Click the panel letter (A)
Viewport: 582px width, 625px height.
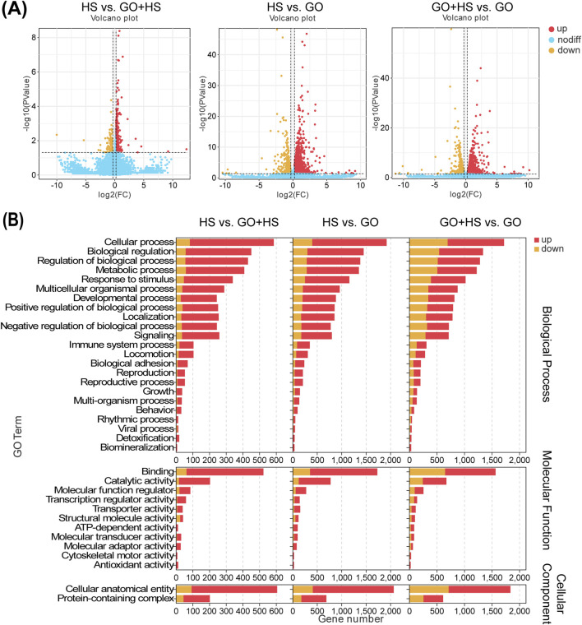(14, 9)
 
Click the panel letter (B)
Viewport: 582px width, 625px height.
(13, 220)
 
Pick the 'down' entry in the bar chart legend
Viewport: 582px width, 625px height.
(548, 248)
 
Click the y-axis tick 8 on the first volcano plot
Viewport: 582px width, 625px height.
(35, 37)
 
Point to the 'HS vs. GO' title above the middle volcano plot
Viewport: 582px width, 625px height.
(295, 7)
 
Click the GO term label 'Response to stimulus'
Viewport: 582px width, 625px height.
(128, 279)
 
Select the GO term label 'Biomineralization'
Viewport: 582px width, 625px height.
(137, 447)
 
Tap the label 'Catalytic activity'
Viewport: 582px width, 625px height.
(140, 481)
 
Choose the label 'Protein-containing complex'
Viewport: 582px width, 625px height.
(116, 599)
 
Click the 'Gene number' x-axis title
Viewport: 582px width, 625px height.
(350, 619)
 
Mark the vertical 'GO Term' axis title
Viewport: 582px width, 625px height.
(17, 437)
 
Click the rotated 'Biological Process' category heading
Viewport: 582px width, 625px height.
(546, 354)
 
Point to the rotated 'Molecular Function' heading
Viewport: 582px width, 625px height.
(546, 501)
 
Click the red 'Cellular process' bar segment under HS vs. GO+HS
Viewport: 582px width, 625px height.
(232, 243)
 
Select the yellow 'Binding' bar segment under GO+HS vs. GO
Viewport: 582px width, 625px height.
(427, 471)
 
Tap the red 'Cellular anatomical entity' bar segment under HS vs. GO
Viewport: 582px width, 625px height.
(353, 589)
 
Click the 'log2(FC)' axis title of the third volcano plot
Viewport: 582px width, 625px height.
(465, 194)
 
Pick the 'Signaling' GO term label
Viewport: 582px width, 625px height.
(155, 336)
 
